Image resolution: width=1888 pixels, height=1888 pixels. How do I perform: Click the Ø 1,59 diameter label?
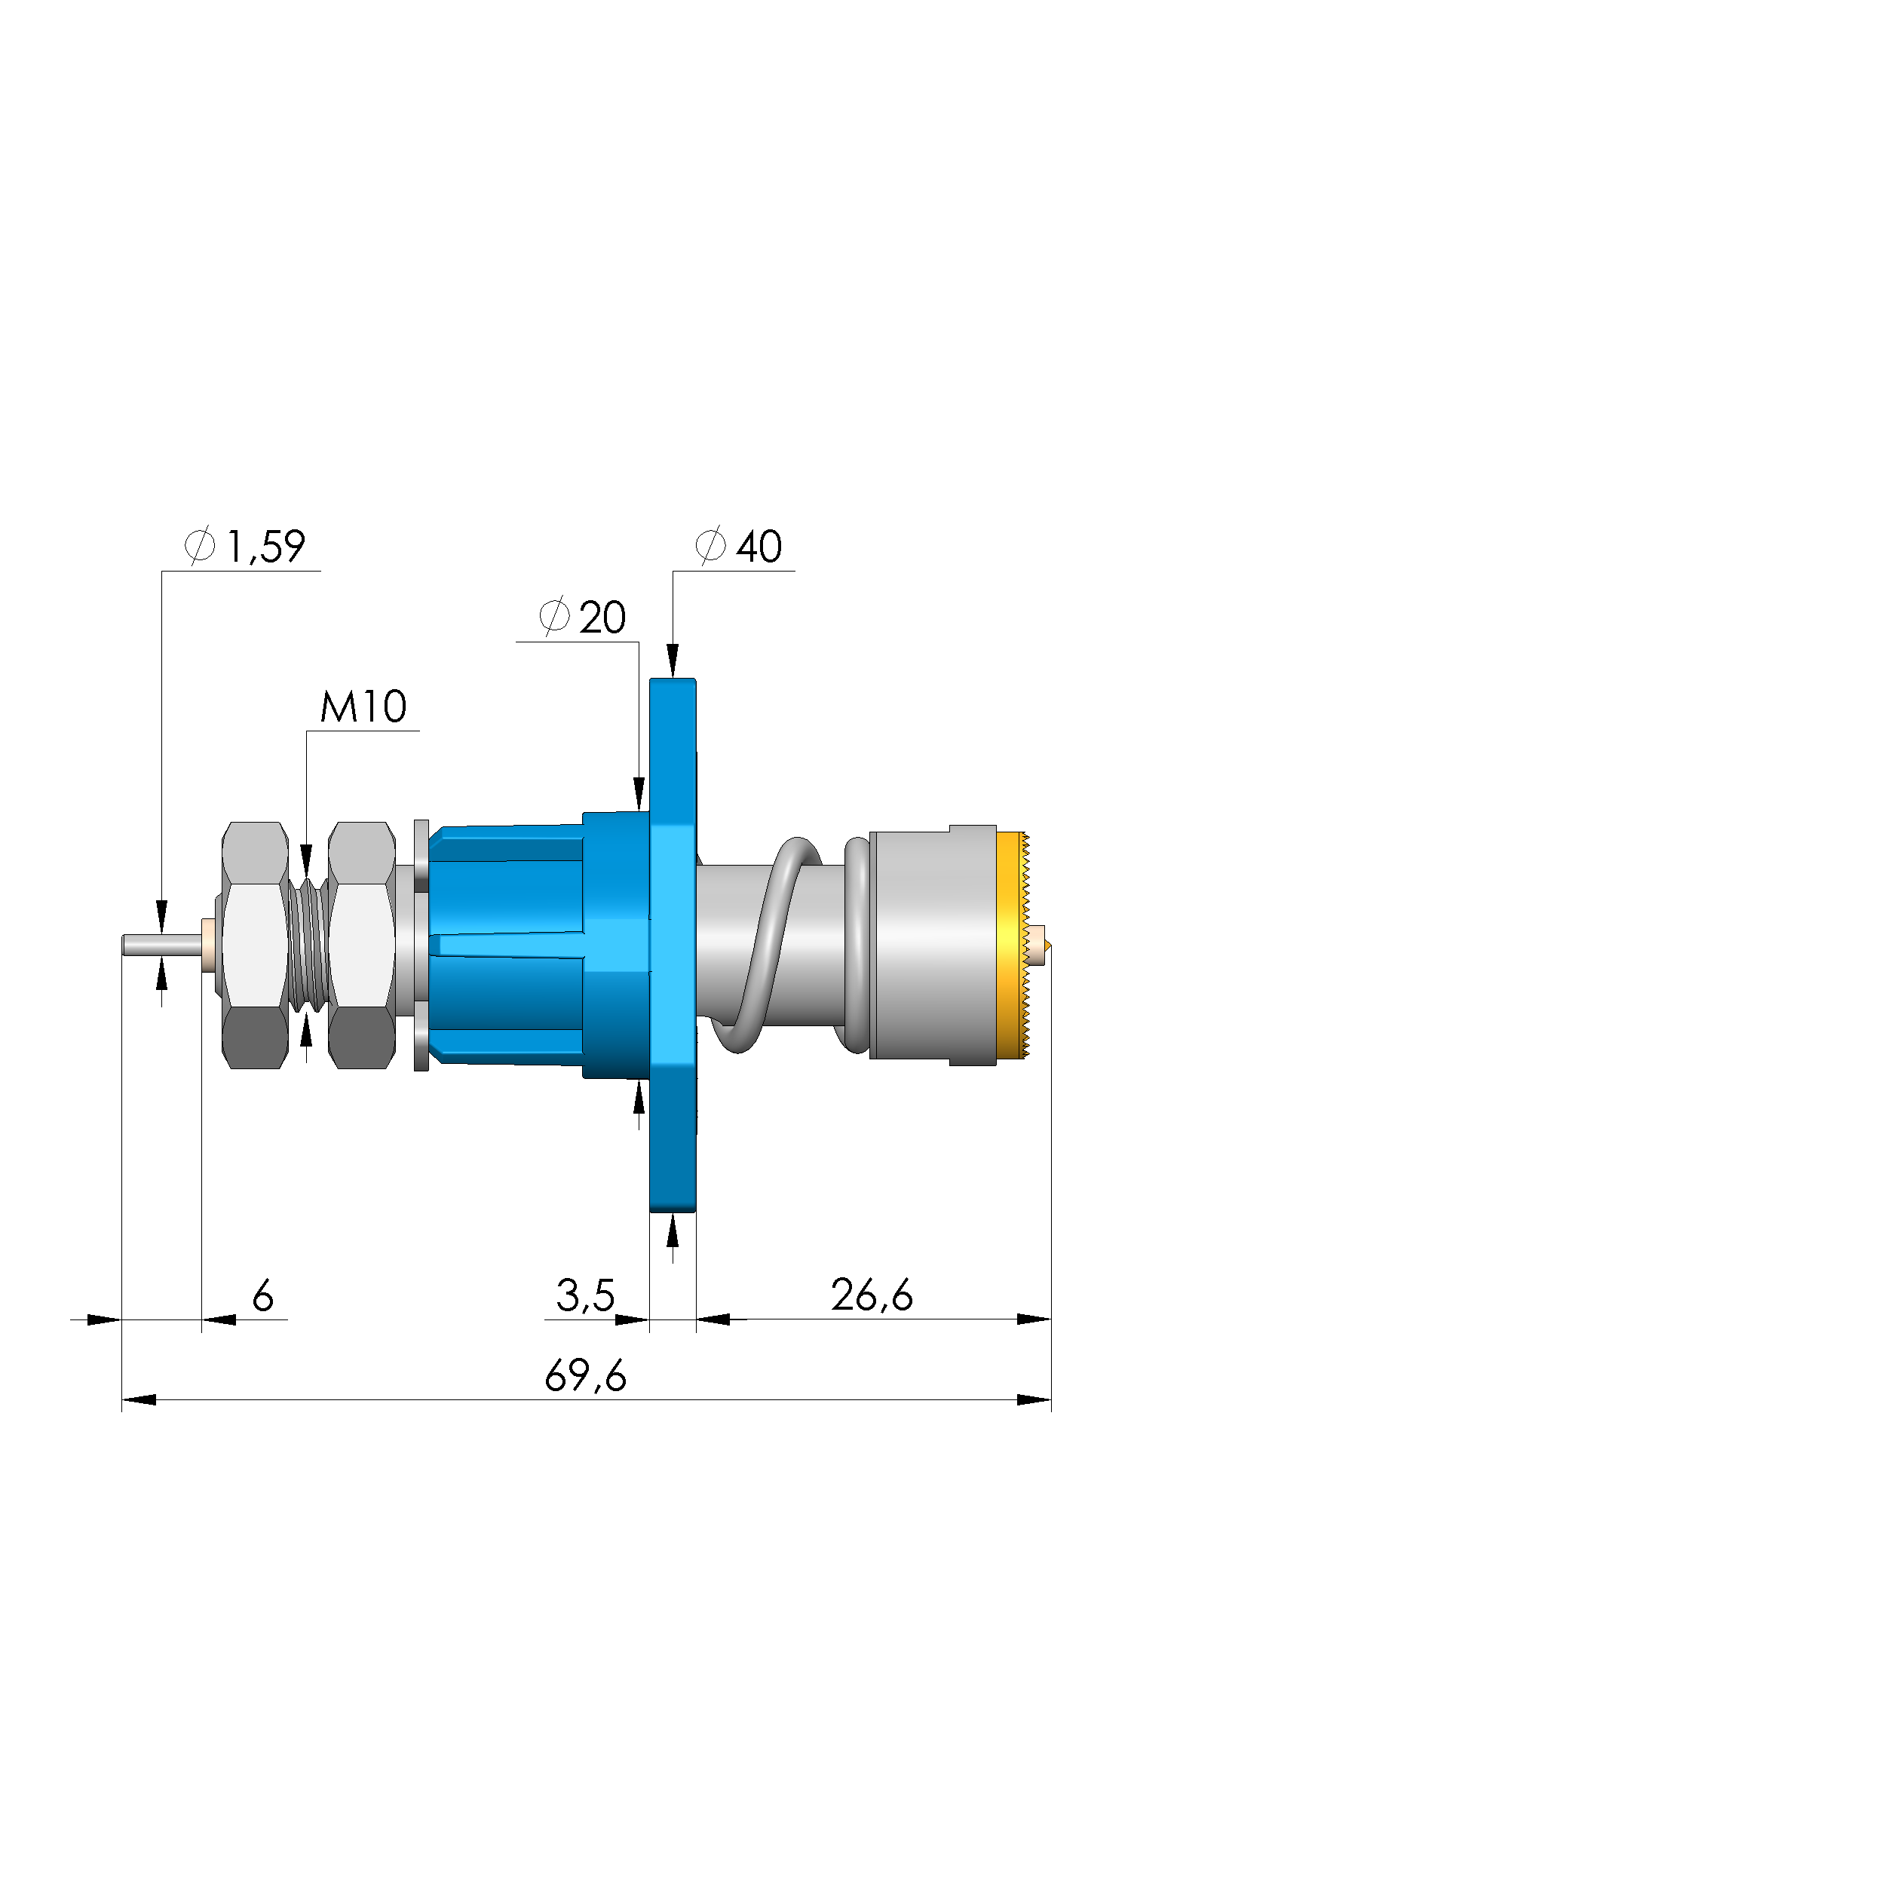click(x=245, y=547)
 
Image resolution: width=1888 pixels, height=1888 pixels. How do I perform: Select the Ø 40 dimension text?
click(x=739, y=547)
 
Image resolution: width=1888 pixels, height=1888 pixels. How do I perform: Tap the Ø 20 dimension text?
click(x=582, y=618)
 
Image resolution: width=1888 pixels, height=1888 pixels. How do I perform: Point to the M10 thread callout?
click(x=363, y=706)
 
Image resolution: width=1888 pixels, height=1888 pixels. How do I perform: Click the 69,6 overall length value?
click(x=585, y=1377)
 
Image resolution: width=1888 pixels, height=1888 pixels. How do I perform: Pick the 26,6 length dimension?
click(x=872, y=1296)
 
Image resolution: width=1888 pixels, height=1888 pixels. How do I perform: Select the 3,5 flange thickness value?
click(x=585, y=1296)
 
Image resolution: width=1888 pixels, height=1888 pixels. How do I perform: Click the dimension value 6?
click(x=263, y=1297)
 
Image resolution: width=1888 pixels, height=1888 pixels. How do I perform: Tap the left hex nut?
click(x=254, y=945)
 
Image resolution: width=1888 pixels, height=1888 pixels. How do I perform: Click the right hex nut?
click(x=362, y=945)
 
